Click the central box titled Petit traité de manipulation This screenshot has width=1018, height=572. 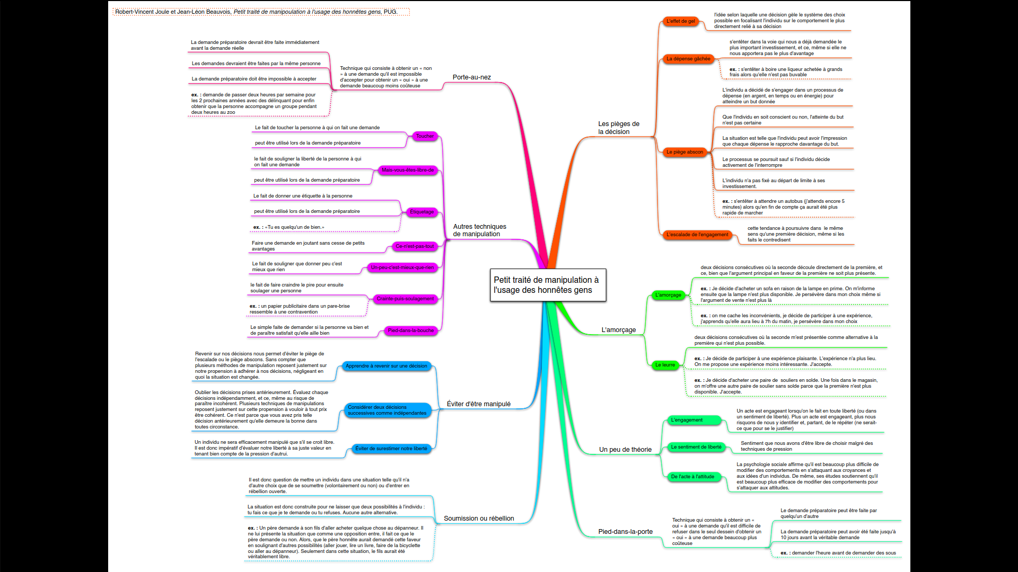coord(548,285)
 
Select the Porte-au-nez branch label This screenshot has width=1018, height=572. coord(471,77)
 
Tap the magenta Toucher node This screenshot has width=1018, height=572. coord(425,137)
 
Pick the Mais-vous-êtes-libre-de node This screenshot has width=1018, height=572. coord(408,171)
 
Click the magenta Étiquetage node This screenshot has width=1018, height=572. coord(422,212)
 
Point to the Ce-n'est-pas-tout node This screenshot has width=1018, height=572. coord(415,246)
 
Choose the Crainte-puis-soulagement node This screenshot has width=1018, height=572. coord(405,299)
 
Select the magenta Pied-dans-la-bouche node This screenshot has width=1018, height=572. coord(411,330)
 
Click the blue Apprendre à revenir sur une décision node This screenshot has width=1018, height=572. coord(386,366)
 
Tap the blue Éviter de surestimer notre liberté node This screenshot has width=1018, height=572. coord(391,449)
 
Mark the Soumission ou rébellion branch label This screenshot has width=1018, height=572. coord(479,519)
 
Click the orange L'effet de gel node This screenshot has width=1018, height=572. coord(680,21)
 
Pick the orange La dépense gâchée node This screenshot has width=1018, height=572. coord(688,59)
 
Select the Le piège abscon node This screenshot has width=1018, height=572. coord(684,152)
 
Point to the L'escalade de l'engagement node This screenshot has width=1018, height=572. coord(697,235)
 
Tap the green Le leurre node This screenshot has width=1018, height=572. coord(665,365)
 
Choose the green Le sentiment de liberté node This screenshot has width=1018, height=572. coord(696,447)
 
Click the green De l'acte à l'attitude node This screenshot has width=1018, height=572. coord(692,477)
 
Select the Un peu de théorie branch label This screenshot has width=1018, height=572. coord(625,450)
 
